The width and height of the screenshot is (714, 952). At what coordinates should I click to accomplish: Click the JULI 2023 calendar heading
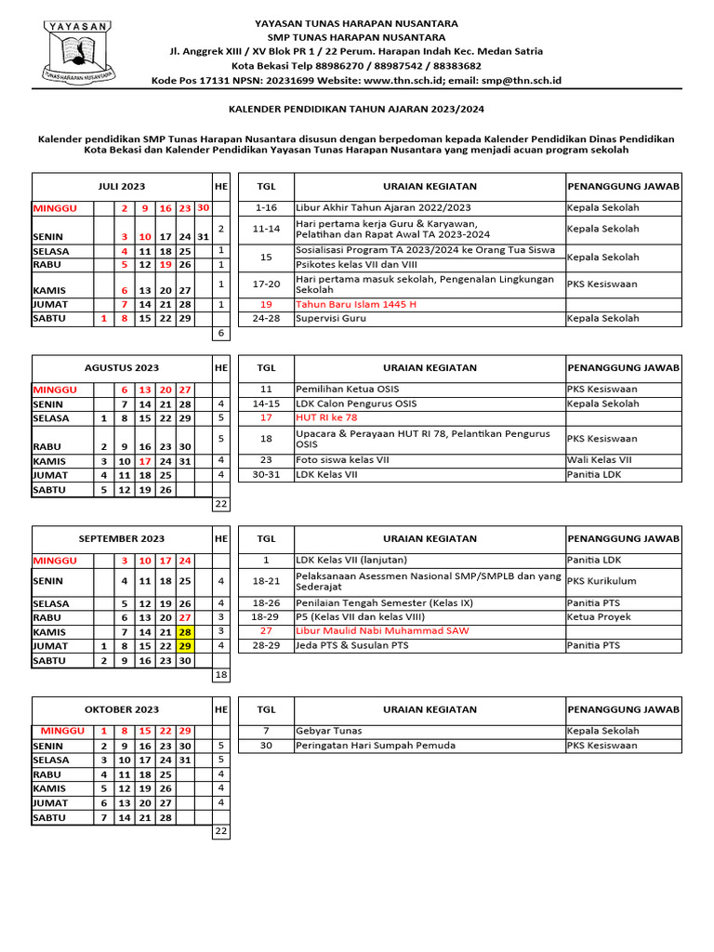point(122,187)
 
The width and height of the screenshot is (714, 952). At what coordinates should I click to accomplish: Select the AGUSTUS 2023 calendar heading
point(122,368)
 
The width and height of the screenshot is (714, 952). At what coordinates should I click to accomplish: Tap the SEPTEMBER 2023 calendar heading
point(122,538)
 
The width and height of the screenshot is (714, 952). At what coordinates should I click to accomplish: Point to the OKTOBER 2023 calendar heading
point(122,709)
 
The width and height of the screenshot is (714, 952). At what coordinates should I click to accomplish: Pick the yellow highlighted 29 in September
point(186,646)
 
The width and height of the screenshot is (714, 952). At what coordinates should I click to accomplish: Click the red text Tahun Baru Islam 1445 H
point(356,304)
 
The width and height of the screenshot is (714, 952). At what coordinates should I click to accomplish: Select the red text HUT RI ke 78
point(326,418)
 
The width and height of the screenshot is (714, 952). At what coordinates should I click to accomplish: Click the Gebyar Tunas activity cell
point(329,732)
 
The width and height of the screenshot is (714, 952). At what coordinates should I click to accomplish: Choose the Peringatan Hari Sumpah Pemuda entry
point(376,746)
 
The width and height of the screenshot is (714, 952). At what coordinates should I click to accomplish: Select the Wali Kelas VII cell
point(600,459)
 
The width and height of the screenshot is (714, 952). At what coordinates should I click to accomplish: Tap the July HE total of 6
point(221,333)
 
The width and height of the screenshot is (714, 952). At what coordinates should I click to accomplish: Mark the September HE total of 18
point(221,675)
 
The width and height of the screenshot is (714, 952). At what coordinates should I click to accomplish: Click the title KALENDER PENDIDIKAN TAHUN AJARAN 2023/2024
point(357,109)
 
